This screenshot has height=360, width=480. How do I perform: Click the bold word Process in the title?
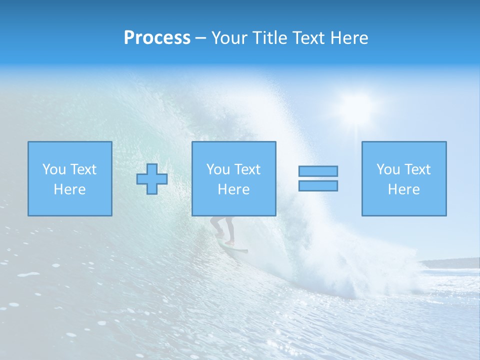pos(157,38)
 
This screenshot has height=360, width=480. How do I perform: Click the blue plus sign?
pos(152,179)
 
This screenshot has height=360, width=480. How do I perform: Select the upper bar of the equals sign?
pos(318,171)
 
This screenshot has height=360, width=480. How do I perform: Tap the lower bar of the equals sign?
pos(318,186)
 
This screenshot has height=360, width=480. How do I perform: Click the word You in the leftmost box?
pos(54,169)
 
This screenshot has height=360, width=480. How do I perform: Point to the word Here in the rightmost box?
pos(404,189)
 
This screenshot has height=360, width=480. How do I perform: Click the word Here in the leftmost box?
pos(70,189)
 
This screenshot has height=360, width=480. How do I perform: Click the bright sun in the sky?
pos(356,106)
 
